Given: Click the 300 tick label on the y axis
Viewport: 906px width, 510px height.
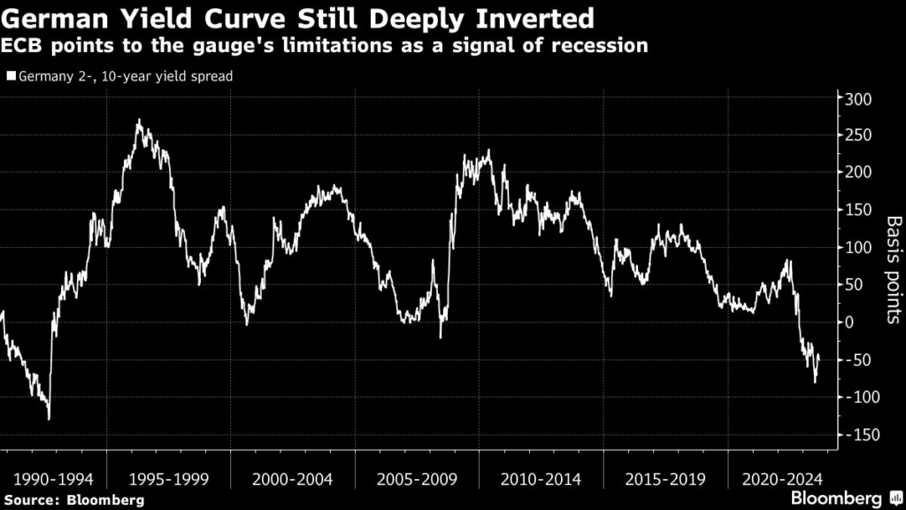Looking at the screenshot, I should (x=857, y=98).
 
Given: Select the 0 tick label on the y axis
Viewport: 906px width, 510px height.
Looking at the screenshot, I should (x=850, y=322).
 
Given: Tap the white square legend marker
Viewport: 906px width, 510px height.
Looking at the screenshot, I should (x=11, y=76).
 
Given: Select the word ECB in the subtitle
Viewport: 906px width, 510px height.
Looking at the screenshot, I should (x=24, y=46).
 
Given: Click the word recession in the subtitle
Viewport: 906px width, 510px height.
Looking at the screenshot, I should (x=602, y=46).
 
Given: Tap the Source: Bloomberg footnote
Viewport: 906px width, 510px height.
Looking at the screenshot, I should (x=73, y=500).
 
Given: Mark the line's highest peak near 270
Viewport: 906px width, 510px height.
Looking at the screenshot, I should (x=139, y=120).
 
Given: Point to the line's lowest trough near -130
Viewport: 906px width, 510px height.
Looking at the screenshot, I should (x=49, y=419).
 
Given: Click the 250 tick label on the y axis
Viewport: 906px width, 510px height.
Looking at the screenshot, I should (x=857, y=135).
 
